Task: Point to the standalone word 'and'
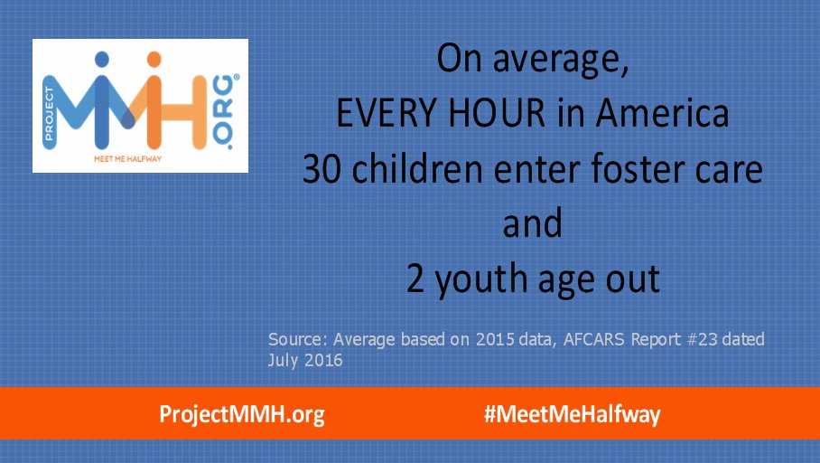[534, 224]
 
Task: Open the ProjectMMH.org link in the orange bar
[241, 414]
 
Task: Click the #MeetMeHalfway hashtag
[572, 414]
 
